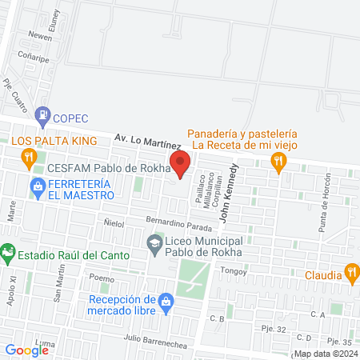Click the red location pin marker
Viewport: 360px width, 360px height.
point(180,163)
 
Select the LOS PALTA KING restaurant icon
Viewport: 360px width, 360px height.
point(31,157)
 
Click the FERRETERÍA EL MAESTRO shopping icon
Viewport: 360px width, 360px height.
point(37,188)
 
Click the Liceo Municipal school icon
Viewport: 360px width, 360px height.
point(154,242)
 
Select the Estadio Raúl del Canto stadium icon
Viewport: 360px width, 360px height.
point(8,255)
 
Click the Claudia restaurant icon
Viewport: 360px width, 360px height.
point(350,273)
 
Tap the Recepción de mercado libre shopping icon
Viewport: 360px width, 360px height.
point(166,302)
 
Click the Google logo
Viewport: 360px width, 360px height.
point(26,350)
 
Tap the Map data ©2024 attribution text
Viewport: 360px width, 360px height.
point(325,354)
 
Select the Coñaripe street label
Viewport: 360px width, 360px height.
point(38,58)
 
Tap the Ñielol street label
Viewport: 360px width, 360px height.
point(114,224)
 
